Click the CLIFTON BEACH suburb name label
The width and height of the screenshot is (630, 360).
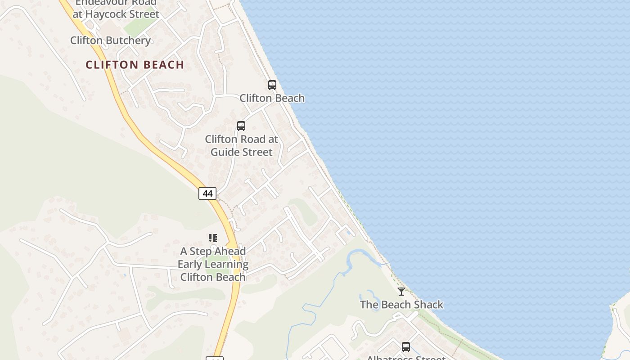(135, 65)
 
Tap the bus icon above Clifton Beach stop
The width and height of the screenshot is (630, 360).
(272, 85)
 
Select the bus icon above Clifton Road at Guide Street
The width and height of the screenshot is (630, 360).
(241, 126)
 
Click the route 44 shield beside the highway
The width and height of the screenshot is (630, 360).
(207, 193)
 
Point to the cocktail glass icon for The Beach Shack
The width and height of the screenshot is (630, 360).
(401, 292)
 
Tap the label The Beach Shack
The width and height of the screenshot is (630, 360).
(401, 305)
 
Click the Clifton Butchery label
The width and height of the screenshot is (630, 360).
(110, 40)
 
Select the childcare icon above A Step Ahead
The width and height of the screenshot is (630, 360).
(212, 238)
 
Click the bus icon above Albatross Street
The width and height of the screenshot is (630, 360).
(406, 346)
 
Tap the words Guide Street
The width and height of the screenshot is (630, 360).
(242, 152)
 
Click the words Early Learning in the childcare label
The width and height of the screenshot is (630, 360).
(213, 264)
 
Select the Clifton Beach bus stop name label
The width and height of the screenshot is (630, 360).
(272, 98)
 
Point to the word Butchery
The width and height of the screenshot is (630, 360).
(128, 40)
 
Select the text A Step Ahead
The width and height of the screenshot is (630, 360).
(213, 251)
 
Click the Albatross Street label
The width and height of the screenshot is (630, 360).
(406, 358)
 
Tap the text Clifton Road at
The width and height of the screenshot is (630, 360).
(242, 139)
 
